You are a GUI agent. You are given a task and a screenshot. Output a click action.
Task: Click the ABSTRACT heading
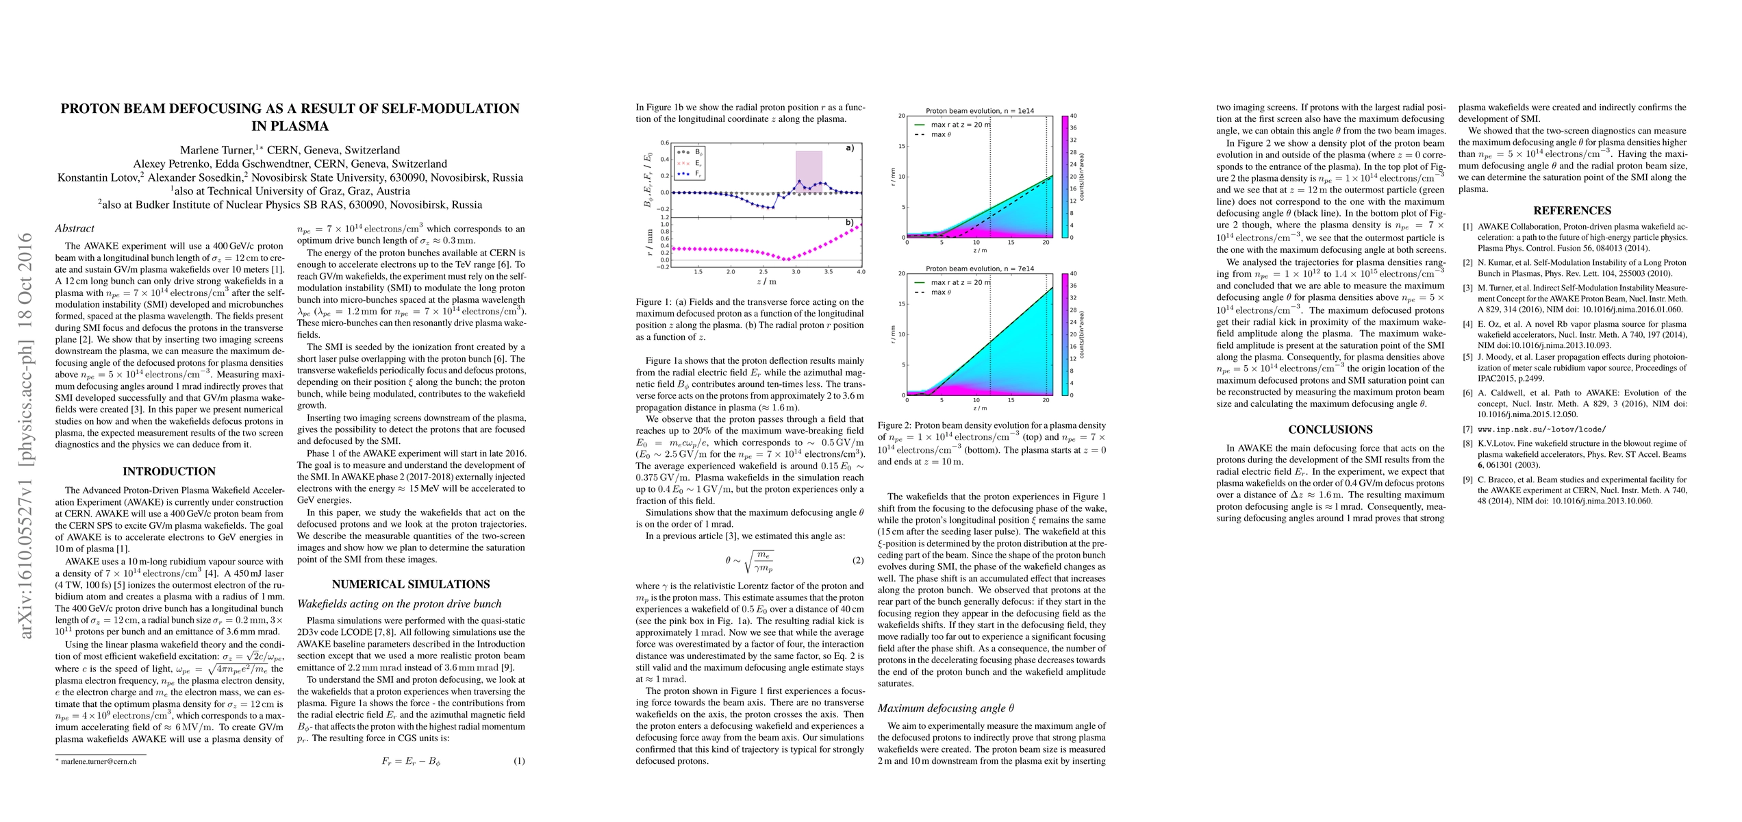point(75,229)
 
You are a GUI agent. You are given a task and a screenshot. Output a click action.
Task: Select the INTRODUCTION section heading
point(169,471)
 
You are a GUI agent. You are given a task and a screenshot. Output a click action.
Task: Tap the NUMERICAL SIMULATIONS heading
point(411,584)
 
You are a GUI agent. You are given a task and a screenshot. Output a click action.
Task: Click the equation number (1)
point(519,760)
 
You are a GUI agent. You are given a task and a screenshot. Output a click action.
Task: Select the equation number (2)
point(858,560)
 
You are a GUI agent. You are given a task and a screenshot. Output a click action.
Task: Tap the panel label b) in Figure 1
point(850,223)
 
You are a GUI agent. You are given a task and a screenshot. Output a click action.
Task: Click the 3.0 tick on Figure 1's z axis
point(796,272)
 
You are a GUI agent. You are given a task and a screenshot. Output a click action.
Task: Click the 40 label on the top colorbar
point(1074,116)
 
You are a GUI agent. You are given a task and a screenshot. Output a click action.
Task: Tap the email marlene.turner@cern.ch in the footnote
point(99,761)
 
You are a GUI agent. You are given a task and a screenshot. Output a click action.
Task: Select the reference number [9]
point(1467,480)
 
